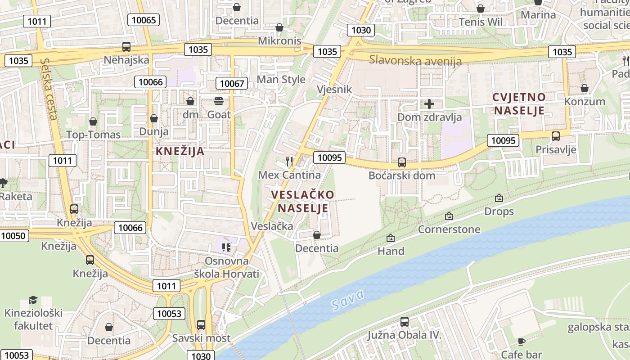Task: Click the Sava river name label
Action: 347,301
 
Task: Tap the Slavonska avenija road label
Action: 415,60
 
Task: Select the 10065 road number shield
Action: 144,20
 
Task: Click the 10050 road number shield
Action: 13,236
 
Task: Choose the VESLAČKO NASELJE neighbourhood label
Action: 303,201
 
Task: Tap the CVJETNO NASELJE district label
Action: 519,103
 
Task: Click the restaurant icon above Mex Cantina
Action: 289,161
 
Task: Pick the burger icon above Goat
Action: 219,101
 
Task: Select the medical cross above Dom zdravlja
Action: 429,104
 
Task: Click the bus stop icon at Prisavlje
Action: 556,136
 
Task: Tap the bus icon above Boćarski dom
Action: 401,162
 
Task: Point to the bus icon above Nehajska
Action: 126,47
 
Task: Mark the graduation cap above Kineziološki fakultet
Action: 33,300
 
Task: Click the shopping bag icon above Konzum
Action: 584,88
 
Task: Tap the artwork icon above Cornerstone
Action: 449,216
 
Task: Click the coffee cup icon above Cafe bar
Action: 522,342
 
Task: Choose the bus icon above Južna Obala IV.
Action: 405,322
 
